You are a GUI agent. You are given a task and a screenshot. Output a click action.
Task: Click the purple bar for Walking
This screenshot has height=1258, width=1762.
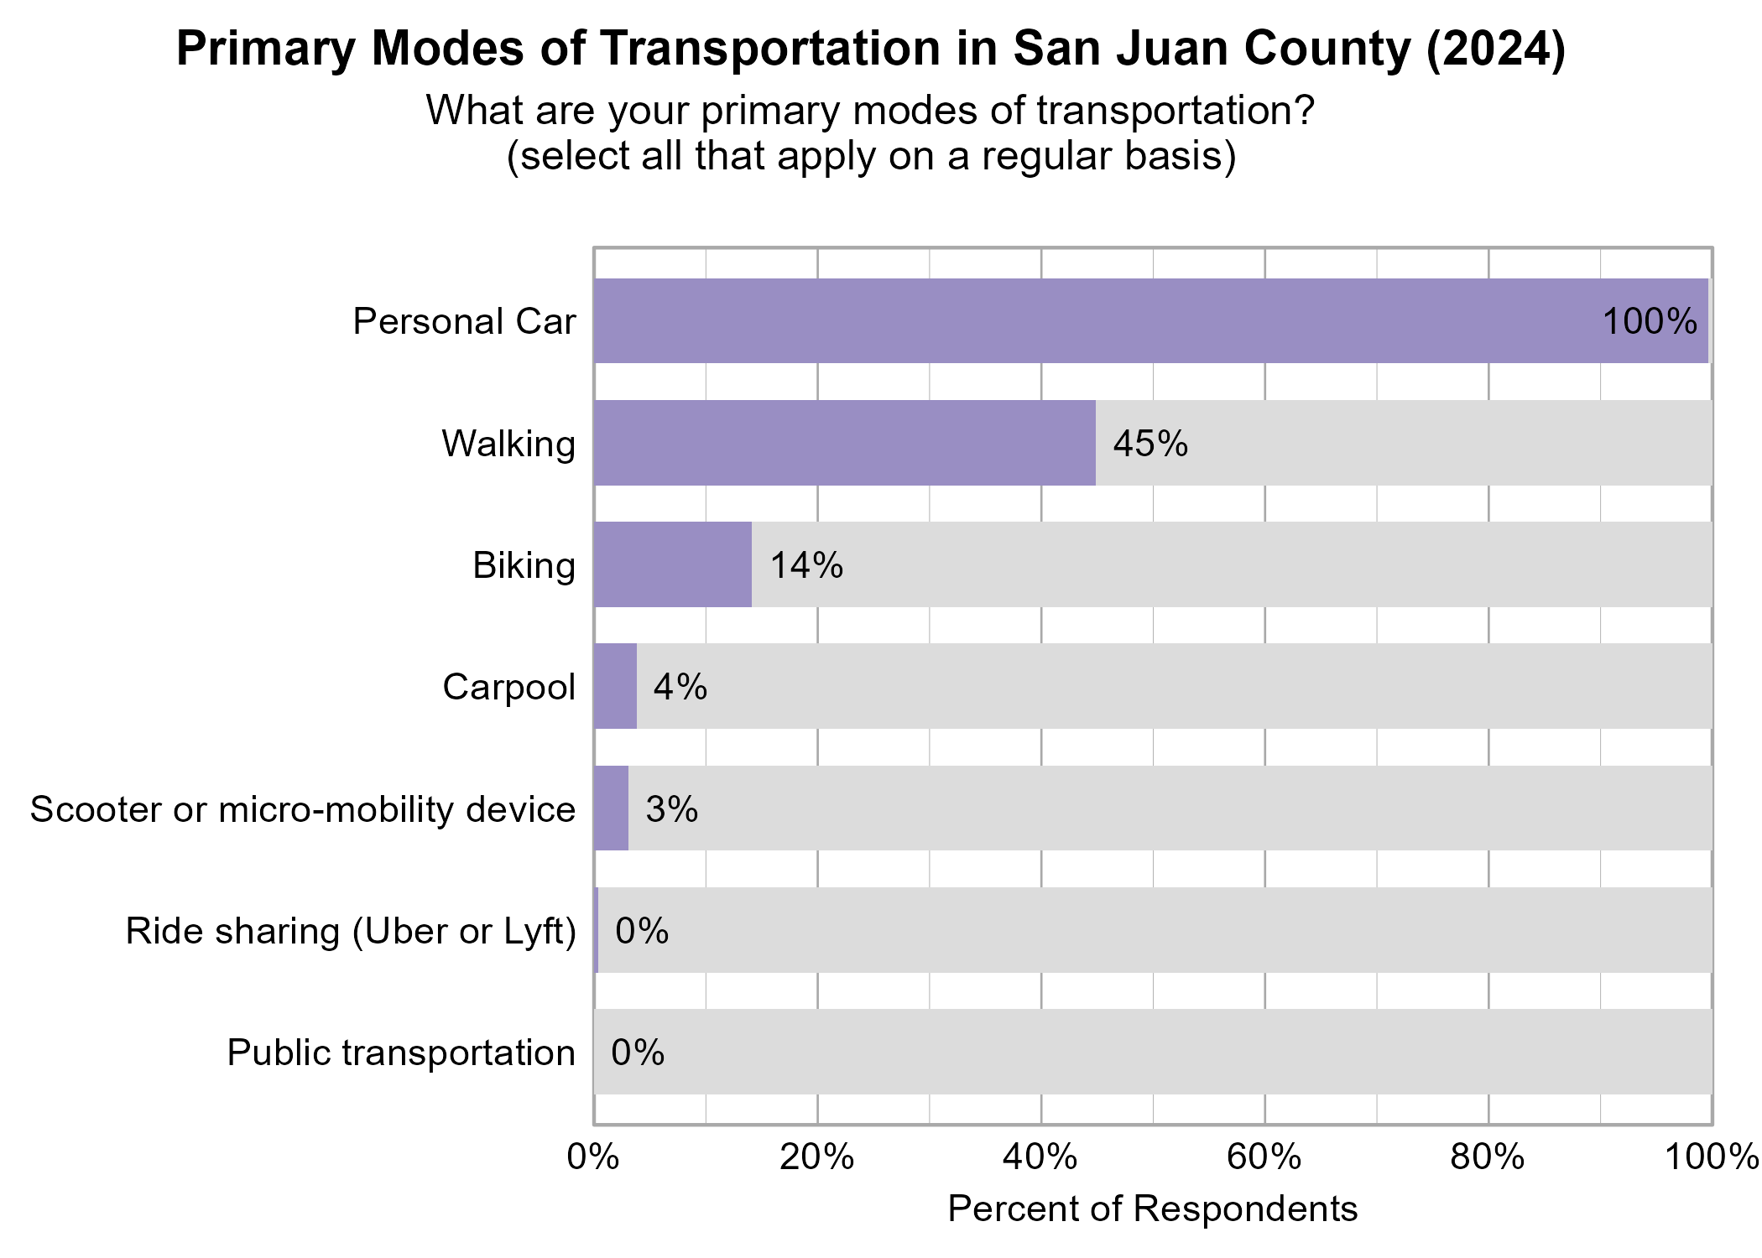[x=844, y=443]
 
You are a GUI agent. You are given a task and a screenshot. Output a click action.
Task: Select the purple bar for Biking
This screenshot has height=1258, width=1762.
[x=672, y=564]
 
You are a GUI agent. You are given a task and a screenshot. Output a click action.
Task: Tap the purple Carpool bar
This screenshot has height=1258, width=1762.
[x=615, y=686]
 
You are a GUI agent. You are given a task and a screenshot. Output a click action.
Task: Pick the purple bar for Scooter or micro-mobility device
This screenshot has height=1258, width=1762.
[x=611, y=808]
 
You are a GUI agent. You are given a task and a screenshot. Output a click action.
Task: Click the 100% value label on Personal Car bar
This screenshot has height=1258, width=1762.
[x=1649, y=322]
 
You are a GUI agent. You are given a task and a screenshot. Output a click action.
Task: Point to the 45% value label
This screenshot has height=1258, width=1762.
[x=1150, y=444]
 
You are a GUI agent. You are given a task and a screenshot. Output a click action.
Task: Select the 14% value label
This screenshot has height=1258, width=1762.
[x=806, y=565]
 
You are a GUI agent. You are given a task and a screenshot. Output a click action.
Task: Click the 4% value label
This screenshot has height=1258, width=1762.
[x=680, y=687]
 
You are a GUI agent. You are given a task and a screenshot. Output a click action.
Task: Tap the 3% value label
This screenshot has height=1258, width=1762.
[x=672, y=809]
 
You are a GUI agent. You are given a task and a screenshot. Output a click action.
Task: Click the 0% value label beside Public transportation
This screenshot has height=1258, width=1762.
[x=638, y=1053]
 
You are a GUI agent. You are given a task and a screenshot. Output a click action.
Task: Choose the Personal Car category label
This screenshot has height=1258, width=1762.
[x=464, y=322]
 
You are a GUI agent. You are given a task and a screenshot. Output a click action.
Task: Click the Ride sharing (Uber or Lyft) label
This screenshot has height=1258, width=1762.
[x=351, y=931]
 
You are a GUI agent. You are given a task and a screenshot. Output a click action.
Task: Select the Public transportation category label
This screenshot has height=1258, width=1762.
[x=401, y=1053]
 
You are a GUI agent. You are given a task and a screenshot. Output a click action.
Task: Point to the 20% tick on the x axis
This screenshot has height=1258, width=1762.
[x=816, y=1157]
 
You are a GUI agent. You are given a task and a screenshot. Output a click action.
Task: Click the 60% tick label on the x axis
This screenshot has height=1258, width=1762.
[x=1264, y=1157]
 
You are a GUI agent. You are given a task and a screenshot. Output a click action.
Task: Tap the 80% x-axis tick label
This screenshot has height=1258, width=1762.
[x=1488, y=1157]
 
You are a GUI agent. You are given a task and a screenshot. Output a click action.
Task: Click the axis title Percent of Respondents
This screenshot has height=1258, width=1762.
[x=1152, y=1209]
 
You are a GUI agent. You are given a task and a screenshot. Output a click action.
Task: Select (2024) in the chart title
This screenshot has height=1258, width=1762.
[x=1495, y=48]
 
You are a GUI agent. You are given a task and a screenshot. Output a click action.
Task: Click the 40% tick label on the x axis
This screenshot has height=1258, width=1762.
[x=1040, y=1157]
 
